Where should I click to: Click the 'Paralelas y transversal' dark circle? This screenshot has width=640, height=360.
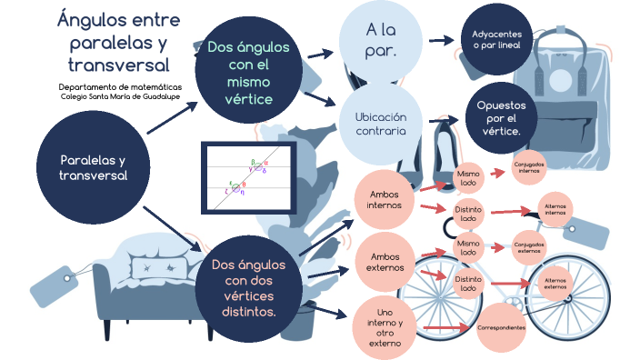93,168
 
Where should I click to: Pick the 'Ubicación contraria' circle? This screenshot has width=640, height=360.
381,124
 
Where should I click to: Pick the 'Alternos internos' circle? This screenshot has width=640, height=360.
555,209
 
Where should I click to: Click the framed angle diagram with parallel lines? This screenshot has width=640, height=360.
248,178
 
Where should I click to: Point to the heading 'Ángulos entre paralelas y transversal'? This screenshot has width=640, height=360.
118,42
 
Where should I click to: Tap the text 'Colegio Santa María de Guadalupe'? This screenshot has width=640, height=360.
118,95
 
